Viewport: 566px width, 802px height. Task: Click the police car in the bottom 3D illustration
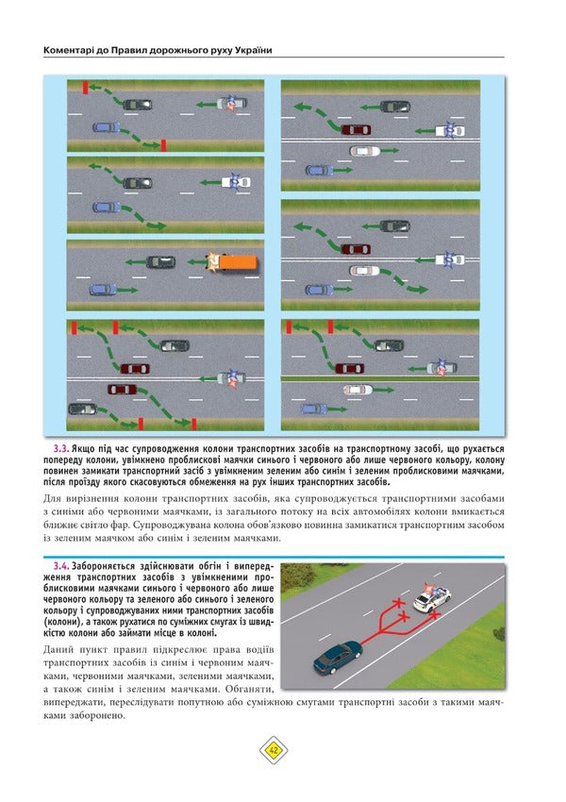pos(433,598)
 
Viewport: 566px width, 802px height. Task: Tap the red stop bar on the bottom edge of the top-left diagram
pos(163,144)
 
